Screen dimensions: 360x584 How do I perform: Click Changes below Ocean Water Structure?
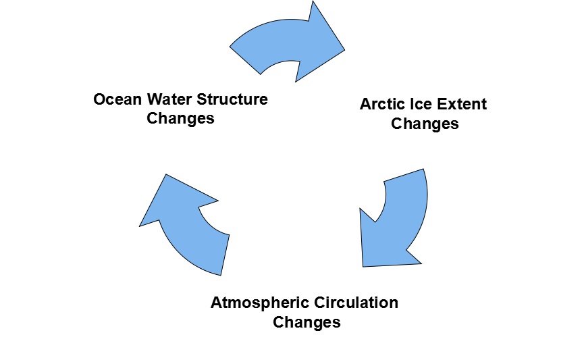180,118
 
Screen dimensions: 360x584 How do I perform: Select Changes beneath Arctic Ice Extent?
425,124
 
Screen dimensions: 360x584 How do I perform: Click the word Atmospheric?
255,302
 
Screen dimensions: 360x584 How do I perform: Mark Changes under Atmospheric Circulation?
306,322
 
